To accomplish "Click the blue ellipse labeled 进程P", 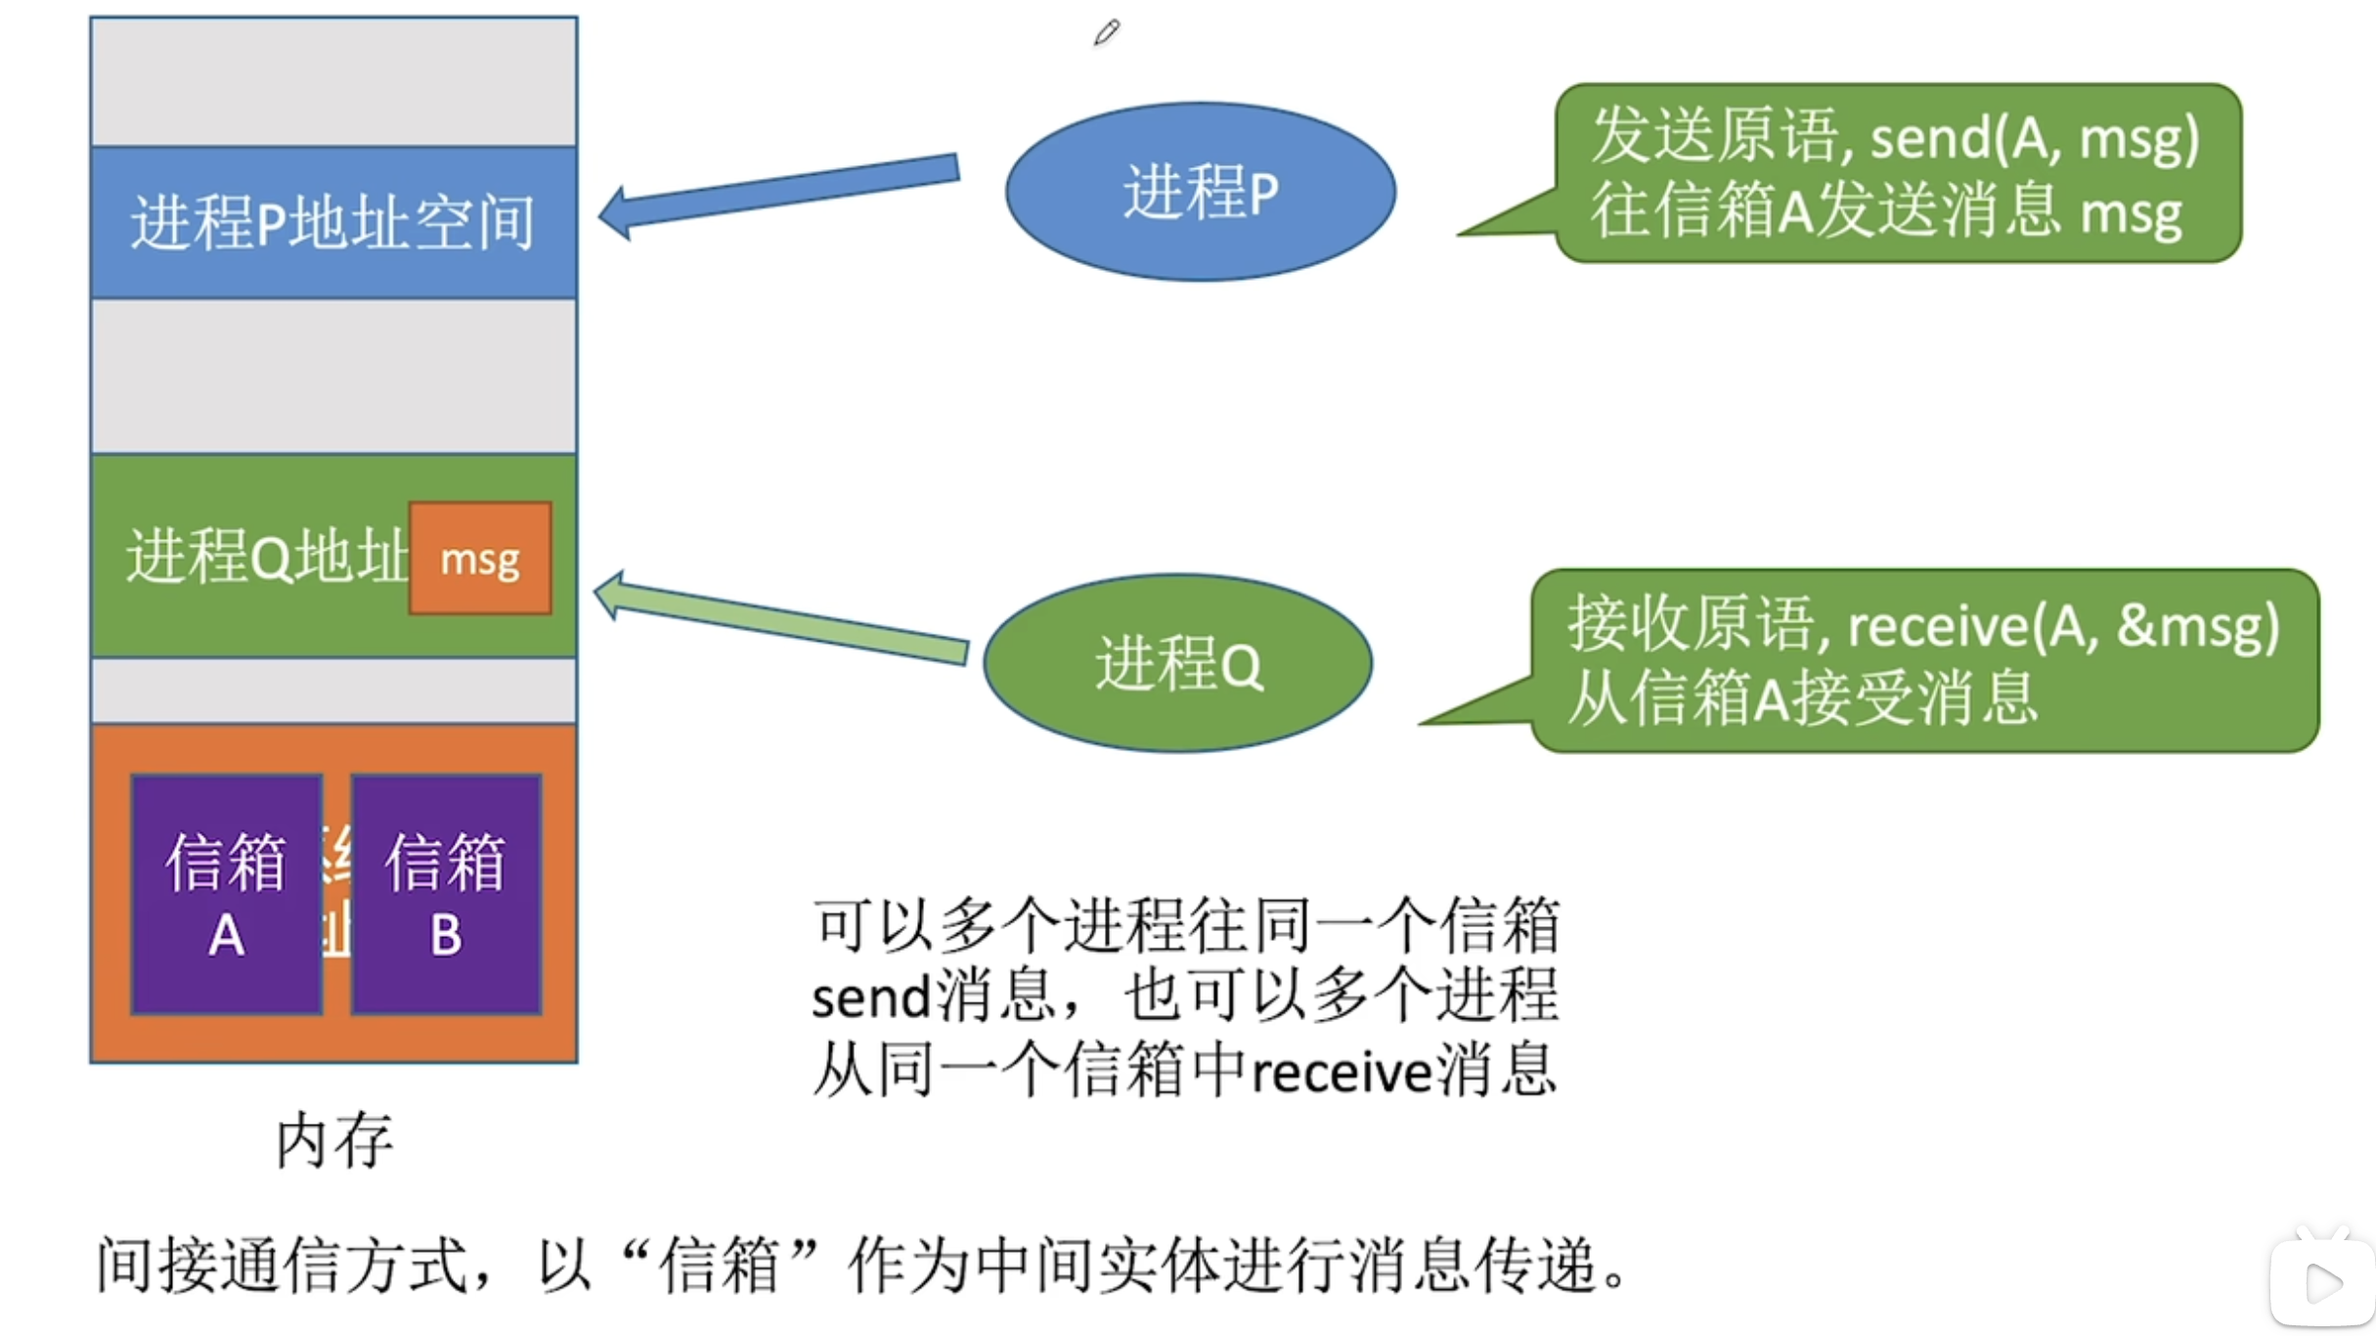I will [x=1200, y=192].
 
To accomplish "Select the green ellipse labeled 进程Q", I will [x=1177, y=663].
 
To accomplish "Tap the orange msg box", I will [x=480, y=558].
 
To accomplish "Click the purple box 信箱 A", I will [x=227, y=894].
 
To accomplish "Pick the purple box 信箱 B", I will [x=446, y=894].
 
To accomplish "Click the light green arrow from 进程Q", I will [x=782, y=621].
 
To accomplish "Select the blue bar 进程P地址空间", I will [x=333, y=222].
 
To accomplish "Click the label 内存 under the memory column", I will [x=334, y=1140].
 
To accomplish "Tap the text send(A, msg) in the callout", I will [x=2034, y=138].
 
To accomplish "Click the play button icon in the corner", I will [x=2323, y=1282].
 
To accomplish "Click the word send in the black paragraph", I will [x=870, y=999].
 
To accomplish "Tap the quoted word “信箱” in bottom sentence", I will [x=720, y=1265].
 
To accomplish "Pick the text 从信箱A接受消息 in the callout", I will [x=1802, y=698].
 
